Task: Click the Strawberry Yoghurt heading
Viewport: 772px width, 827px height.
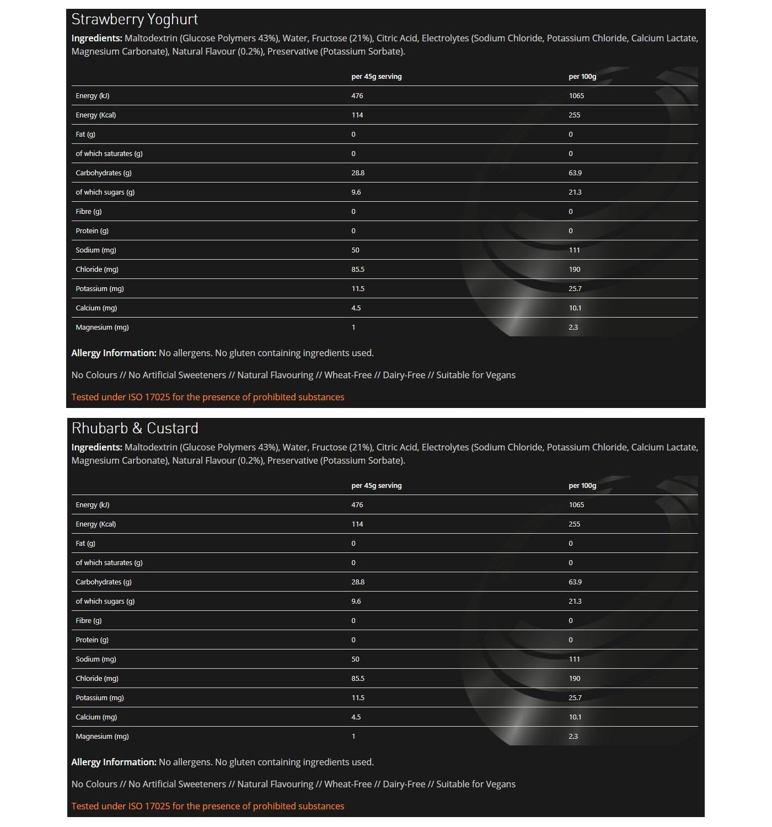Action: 135,20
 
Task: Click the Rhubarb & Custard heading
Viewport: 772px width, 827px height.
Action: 135,429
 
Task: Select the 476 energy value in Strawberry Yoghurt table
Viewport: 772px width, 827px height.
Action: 357,96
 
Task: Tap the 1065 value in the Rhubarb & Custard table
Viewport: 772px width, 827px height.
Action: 576,505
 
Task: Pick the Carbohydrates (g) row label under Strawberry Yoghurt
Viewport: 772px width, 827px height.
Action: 104,173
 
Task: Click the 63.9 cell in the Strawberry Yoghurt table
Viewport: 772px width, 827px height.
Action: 575,173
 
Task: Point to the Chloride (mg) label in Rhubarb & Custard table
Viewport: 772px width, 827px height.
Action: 97,679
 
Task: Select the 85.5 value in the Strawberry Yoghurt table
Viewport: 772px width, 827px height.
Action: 358,270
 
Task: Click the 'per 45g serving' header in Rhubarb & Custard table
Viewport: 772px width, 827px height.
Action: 377,486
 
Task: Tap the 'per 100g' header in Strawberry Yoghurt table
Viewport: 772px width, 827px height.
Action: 582,77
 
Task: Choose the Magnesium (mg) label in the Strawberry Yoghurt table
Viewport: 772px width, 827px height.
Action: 102,327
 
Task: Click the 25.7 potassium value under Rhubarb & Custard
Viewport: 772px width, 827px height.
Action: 575,698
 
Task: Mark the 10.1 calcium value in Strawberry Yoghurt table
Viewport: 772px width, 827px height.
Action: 575,308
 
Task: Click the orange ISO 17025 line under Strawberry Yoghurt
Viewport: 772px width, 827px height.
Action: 208,397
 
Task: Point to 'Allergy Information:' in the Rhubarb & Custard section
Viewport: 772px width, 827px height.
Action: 114,762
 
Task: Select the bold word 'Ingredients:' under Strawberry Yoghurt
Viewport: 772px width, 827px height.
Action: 96,39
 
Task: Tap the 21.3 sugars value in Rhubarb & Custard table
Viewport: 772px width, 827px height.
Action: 575,602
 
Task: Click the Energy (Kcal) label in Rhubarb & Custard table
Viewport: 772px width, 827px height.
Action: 96,524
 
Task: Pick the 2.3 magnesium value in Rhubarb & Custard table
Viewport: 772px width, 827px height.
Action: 573,737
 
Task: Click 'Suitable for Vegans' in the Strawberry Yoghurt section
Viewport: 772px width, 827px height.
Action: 476,375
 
